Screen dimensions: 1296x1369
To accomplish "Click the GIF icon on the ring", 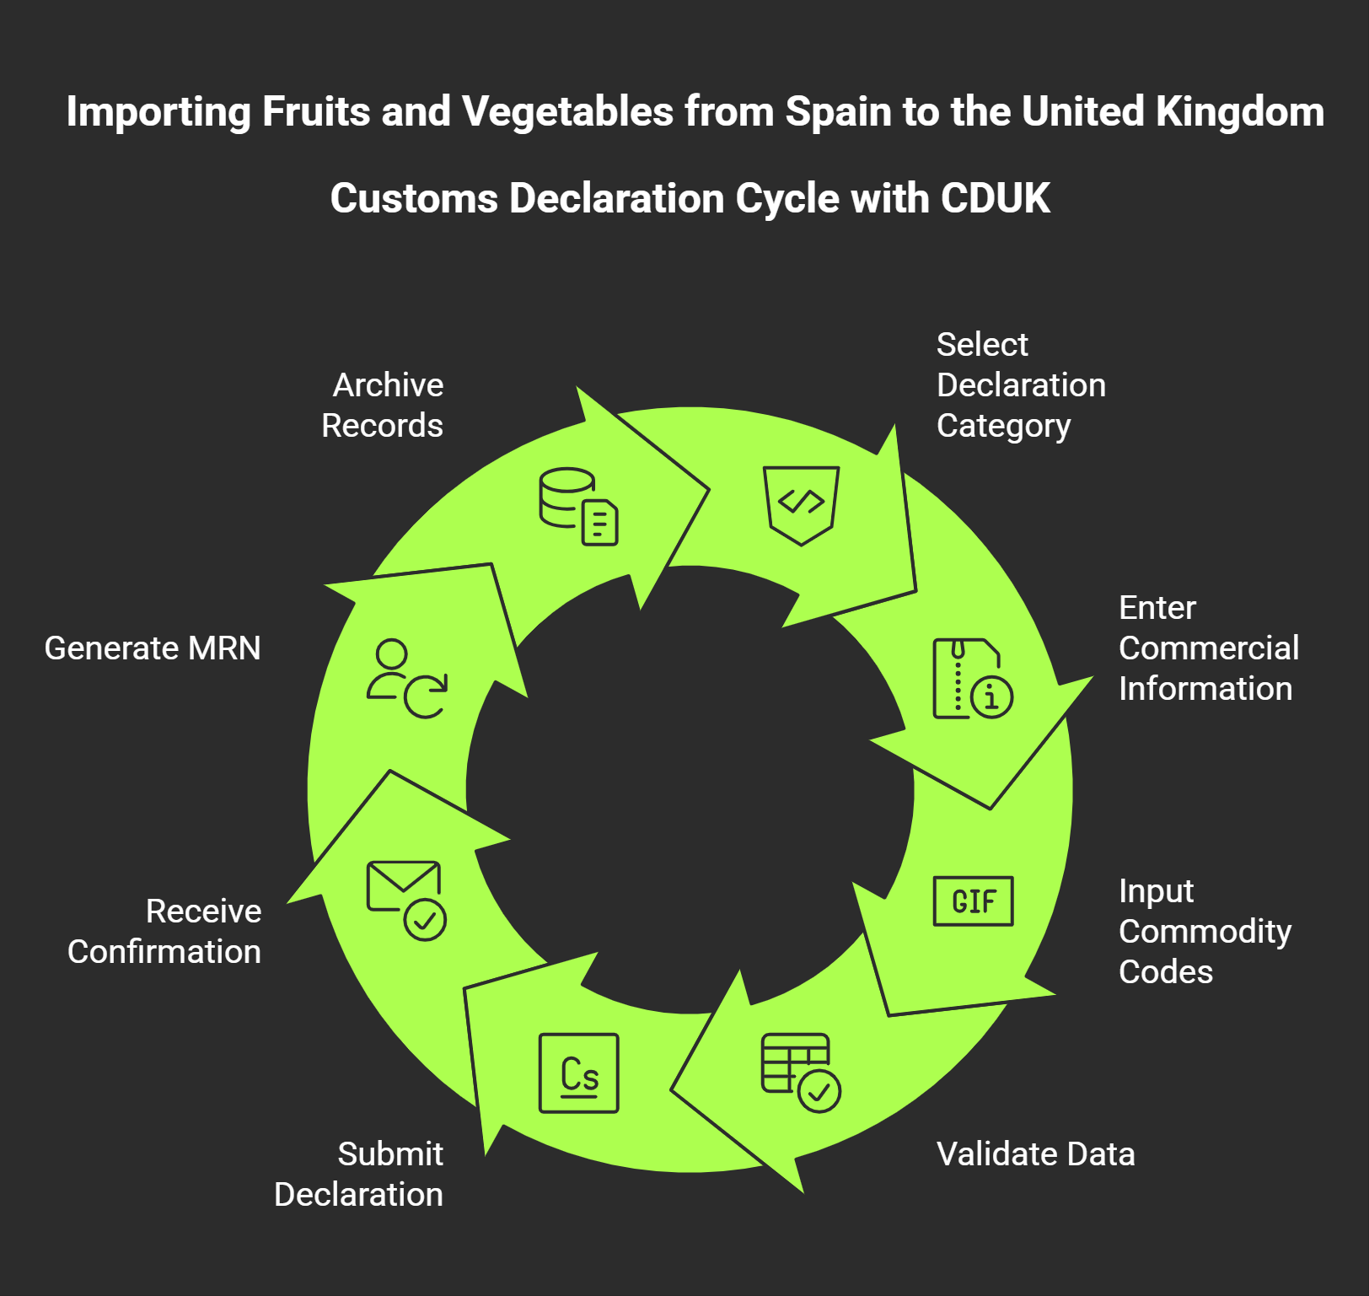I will pos(973,901).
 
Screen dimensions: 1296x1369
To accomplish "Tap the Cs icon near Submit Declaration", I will pos(579,1073).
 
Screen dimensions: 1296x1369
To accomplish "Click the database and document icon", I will pos(579,507).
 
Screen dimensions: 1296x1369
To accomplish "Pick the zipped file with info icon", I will pos(973,679).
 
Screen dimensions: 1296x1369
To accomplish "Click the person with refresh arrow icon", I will pos(405,679).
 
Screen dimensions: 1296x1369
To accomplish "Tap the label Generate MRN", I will pos(153,648).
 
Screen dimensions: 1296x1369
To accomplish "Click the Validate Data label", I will pos(1035,1154).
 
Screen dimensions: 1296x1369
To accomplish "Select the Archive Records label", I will pos(383,406).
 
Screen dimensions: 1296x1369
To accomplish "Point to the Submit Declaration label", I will pos(359,1175).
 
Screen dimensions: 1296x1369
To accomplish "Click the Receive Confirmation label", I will pos(165,932).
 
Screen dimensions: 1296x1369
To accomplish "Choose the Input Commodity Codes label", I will pos(1205,932).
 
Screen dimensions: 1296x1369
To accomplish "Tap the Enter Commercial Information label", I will pos(1208,648).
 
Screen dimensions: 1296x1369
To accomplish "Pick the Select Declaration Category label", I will pos(1021,385).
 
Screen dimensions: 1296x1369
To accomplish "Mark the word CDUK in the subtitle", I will pos(995,199).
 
